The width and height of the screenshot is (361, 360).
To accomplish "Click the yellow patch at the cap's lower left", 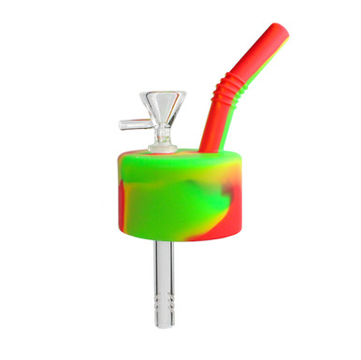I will [140, 215].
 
